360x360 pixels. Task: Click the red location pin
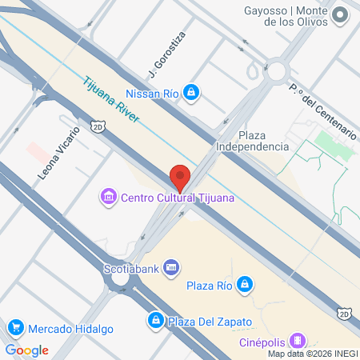click(180, 177)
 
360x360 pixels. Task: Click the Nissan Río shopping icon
click(190, 94)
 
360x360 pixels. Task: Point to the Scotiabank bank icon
click(170, 268)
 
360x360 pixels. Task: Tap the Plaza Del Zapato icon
click(154, 322)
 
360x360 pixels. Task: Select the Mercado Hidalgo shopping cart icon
click(15, 328)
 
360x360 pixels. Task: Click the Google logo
click(26, 350)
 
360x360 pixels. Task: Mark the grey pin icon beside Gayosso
click(340, 14)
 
